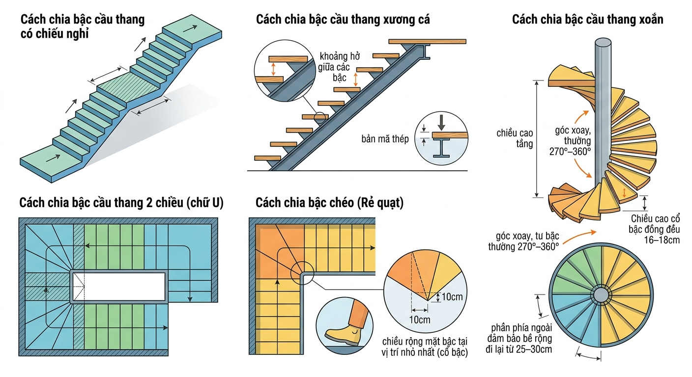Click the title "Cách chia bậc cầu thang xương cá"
click(x=343, y=20)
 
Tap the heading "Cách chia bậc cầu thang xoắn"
click(x=587, y=20)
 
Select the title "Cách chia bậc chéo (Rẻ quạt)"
click(x=329, y=203)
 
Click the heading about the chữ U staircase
click(x=121, y=203)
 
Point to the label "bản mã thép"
click(x=385, y=139)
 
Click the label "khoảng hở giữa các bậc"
click(x=336, y=66)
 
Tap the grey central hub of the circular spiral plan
click(x=601, y=295)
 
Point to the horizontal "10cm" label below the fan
click(x=419, y=320)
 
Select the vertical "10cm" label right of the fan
click(x=451, y=296)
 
